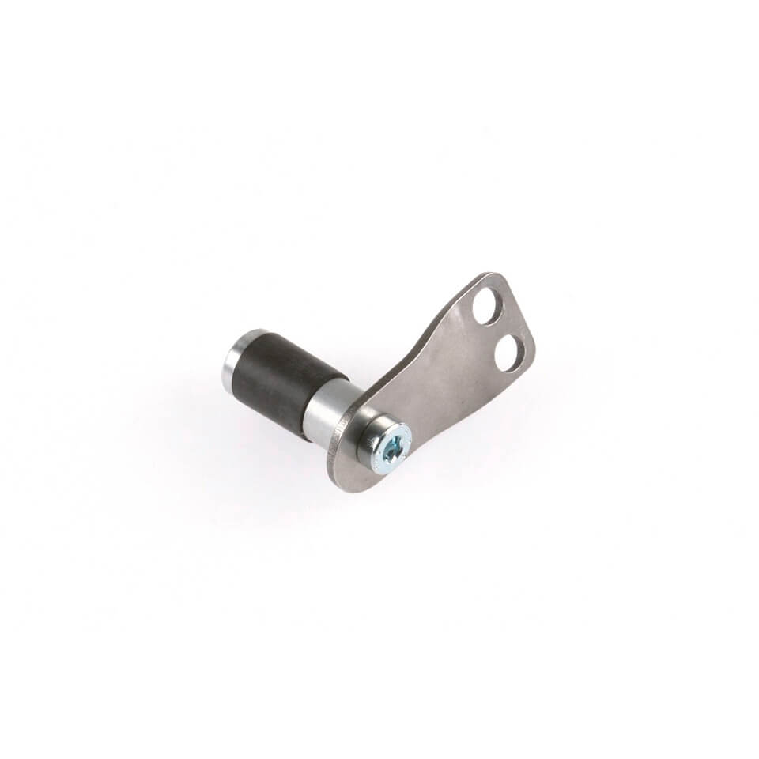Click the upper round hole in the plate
(x=486, y=306)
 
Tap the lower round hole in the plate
(x=510, y=352)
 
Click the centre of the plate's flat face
(x=443, y=379)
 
